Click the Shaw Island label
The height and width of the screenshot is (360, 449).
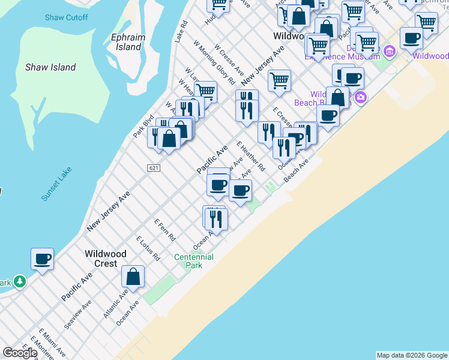pos(50,67)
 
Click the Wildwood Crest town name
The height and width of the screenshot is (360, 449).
pos(106,259)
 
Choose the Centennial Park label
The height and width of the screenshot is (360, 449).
pos(193,261)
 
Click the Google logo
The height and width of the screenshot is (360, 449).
pos(19,353)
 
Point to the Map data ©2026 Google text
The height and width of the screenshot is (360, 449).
pos(412,355)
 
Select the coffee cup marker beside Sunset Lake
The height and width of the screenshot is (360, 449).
pos(42,259)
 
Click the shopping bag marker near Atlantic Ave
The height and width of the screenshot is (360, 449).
pos(133,277)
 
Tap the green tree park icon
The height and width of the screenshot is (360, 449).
pos(20,281)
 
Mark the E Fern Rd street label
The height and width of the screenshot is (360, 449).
pos(164,229)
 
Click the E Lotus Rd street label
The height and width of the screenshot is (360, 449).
pos(148,248)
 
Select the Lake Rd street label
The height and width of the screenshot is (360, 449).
pos(181,31)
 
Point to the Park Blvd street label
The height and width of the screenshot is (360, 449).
pos(143,127)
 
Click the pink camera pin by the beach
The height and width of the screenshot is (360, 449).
pos(360,97)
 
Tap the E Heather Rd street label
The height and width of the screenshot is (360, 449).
pos(250,157)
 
